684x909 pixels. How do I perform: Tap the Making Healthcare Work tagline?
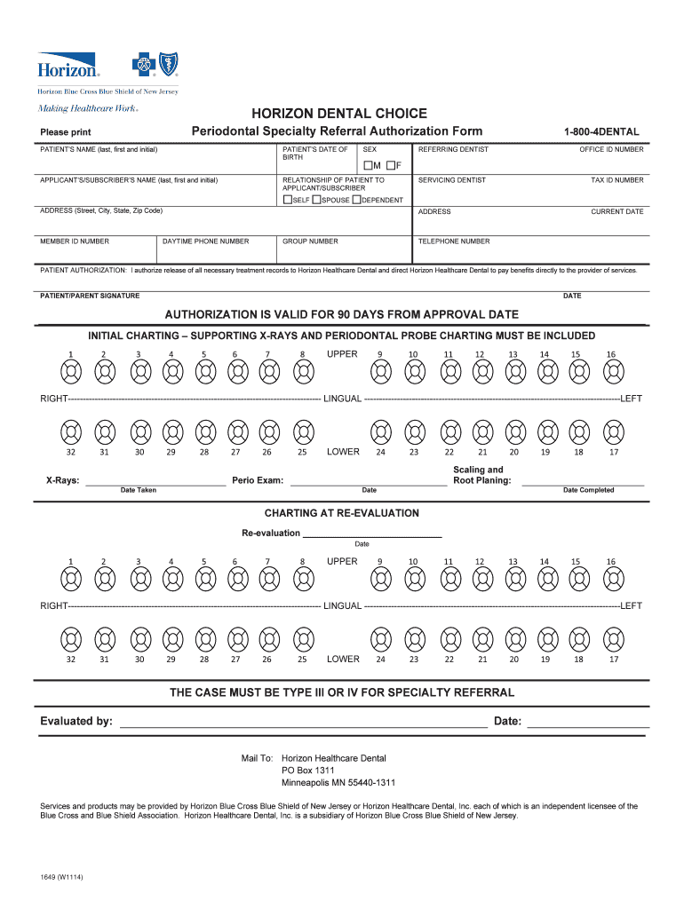pos(87,108)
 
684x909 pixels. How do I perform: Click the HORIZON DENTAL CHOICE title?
pos(338,114)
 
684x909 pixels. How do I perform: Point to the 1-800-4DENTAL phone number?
pos(600,132)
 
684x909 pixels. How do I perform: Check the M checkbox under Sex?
pos(366,166)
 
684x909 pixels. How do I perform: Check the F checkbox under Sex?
pos(389,166)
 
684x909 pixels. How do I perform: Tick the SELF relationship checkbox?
pos(287,200)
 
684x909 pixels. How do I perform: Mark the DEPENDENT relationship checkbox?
pos(356,200)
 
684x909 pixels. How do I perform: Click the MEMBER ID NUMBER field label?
pos(75,241)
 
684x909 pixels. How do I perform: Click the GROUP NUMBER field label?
pos(310,241)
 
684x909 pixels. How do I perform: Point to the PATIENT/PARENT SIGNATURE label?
pos(90,296)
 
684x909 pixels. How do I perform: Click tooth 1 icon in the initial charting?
pos(71,373)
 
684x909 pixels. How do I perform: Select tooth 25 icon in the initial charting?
pos(302,432)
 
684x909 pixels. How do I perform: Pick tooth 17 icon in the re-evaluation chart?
pos(612,639)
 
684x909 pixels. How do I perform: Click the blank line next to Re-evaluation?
pos(372,533)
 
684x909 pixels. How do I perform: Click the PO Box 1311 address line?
pos(308,771)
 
